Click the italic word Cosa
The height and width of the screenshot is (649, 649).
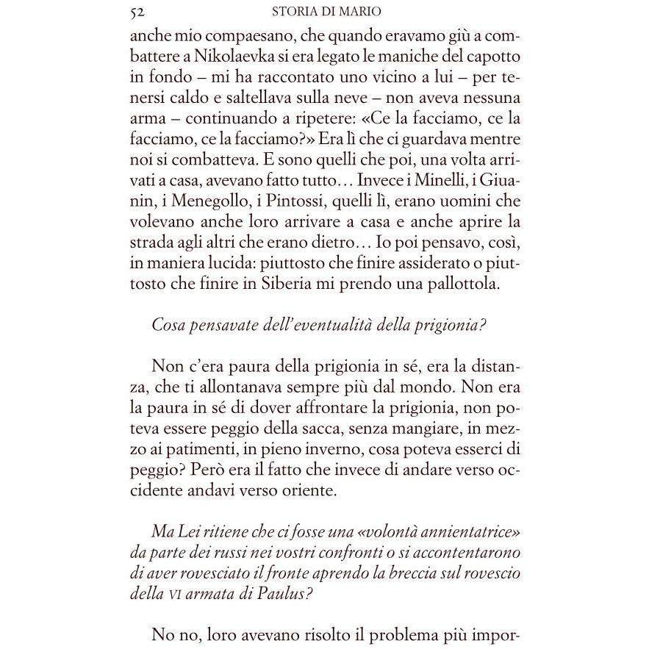point(168,326)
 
